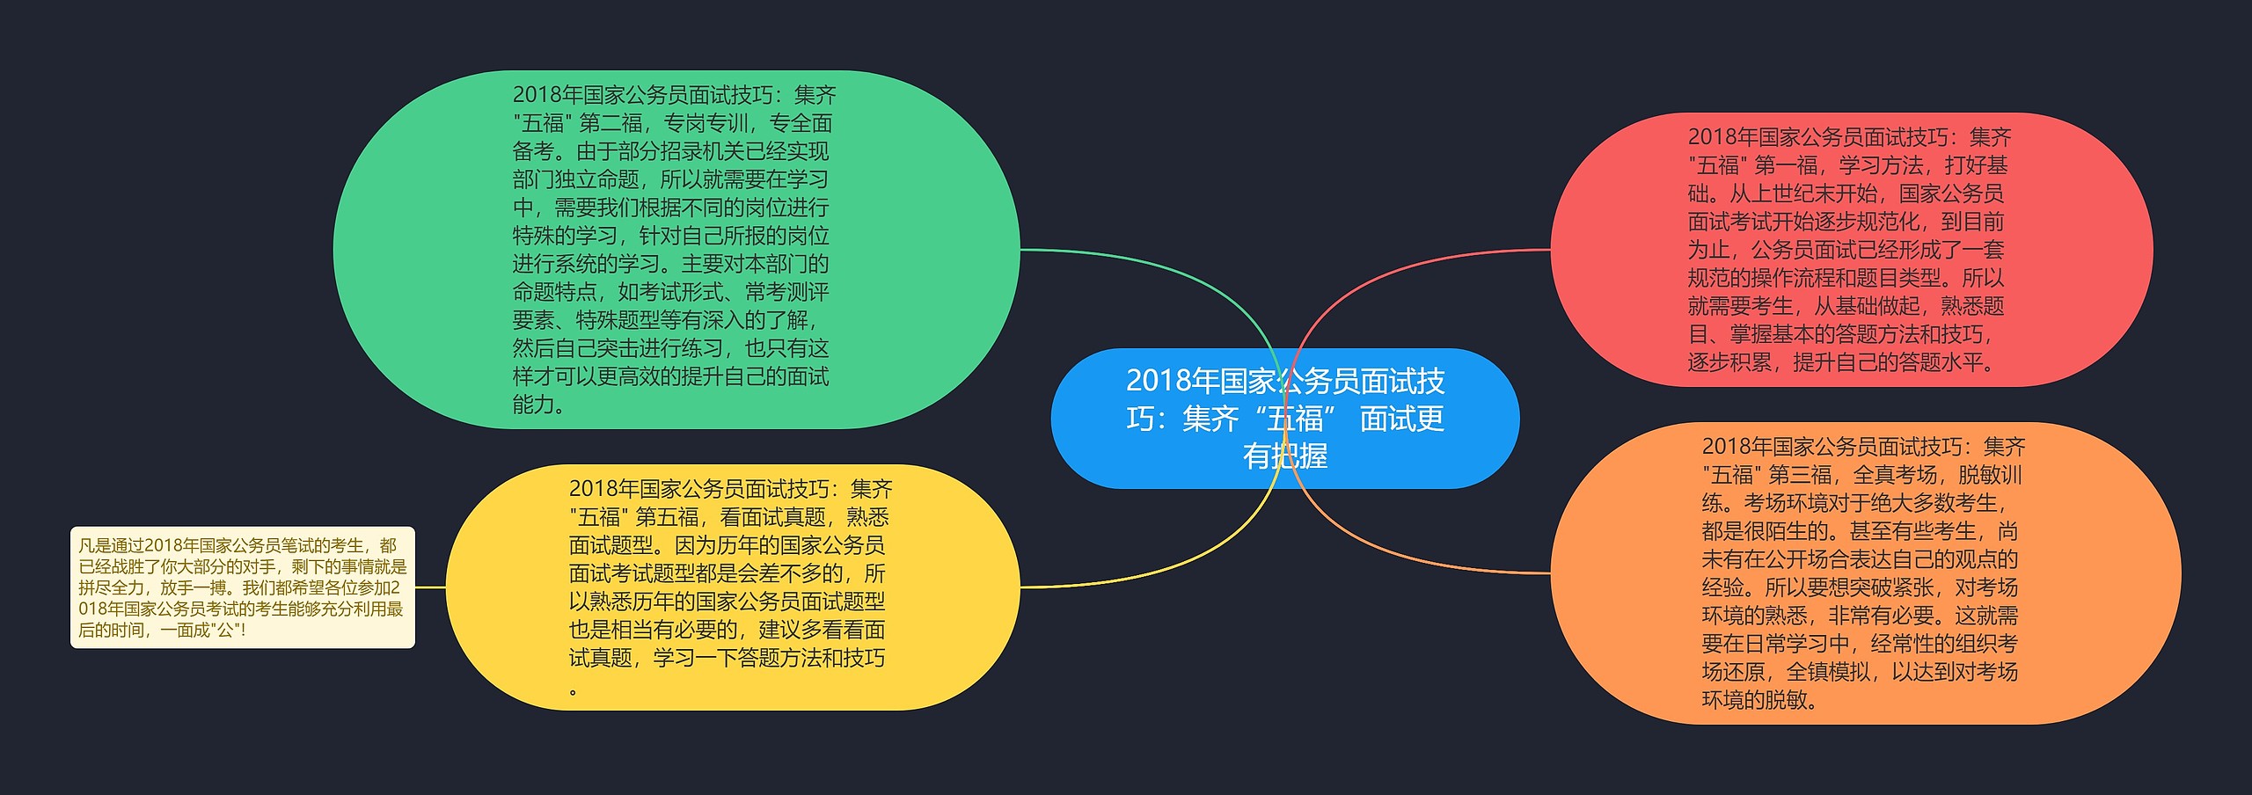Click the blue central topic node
tap(1284, 419)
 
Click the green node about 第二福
tap(676, 250)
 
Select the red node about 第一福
tap(1852, 250)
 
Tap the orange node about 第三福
tap(1866, 573)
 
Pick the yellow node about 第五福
tap(733, 587)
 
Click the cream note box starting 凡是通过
tap(243, 587)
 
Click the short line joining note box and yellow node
tap(430, 587)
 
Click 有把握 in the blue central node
tap(1285, 456)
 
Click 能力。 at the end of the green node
tap(539, 405)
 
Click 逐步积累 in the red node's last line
tap(1729, 362)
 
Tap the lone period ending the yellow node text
tap(574, 692)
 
